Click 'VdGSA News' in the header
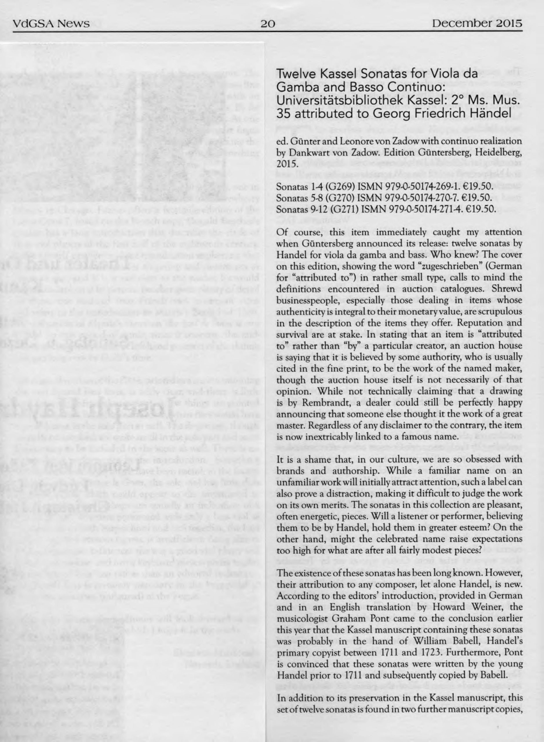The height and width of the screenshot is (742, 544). [51, 24]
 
